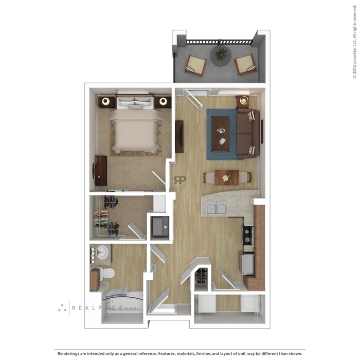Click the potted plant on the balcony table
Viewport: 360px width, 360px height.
tap(221, 53)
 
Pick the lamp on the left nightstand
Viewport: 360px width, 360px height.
tap(106, 102)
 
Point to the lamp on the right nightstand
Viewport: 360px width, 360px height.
tap(164, 102)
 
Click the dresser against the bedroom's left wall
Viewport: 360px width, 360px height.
tap(100, 170)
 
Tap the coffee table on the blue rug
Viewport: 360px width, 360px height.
tap(220, 131)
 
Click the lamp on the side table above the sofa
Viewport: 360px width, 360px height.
tap(243, 101)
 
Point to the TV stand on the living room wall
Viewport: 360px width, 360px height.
tap(179, 136)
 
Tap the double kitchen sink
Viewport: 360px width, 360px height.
tap(216, 208)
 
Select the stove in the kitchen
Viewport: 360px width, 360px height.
tap(247, 236)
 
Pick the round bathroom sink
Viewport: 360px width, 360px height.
tap(102, 252)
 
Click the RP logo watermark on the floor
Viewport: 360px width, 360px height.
tap(180, 179)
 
